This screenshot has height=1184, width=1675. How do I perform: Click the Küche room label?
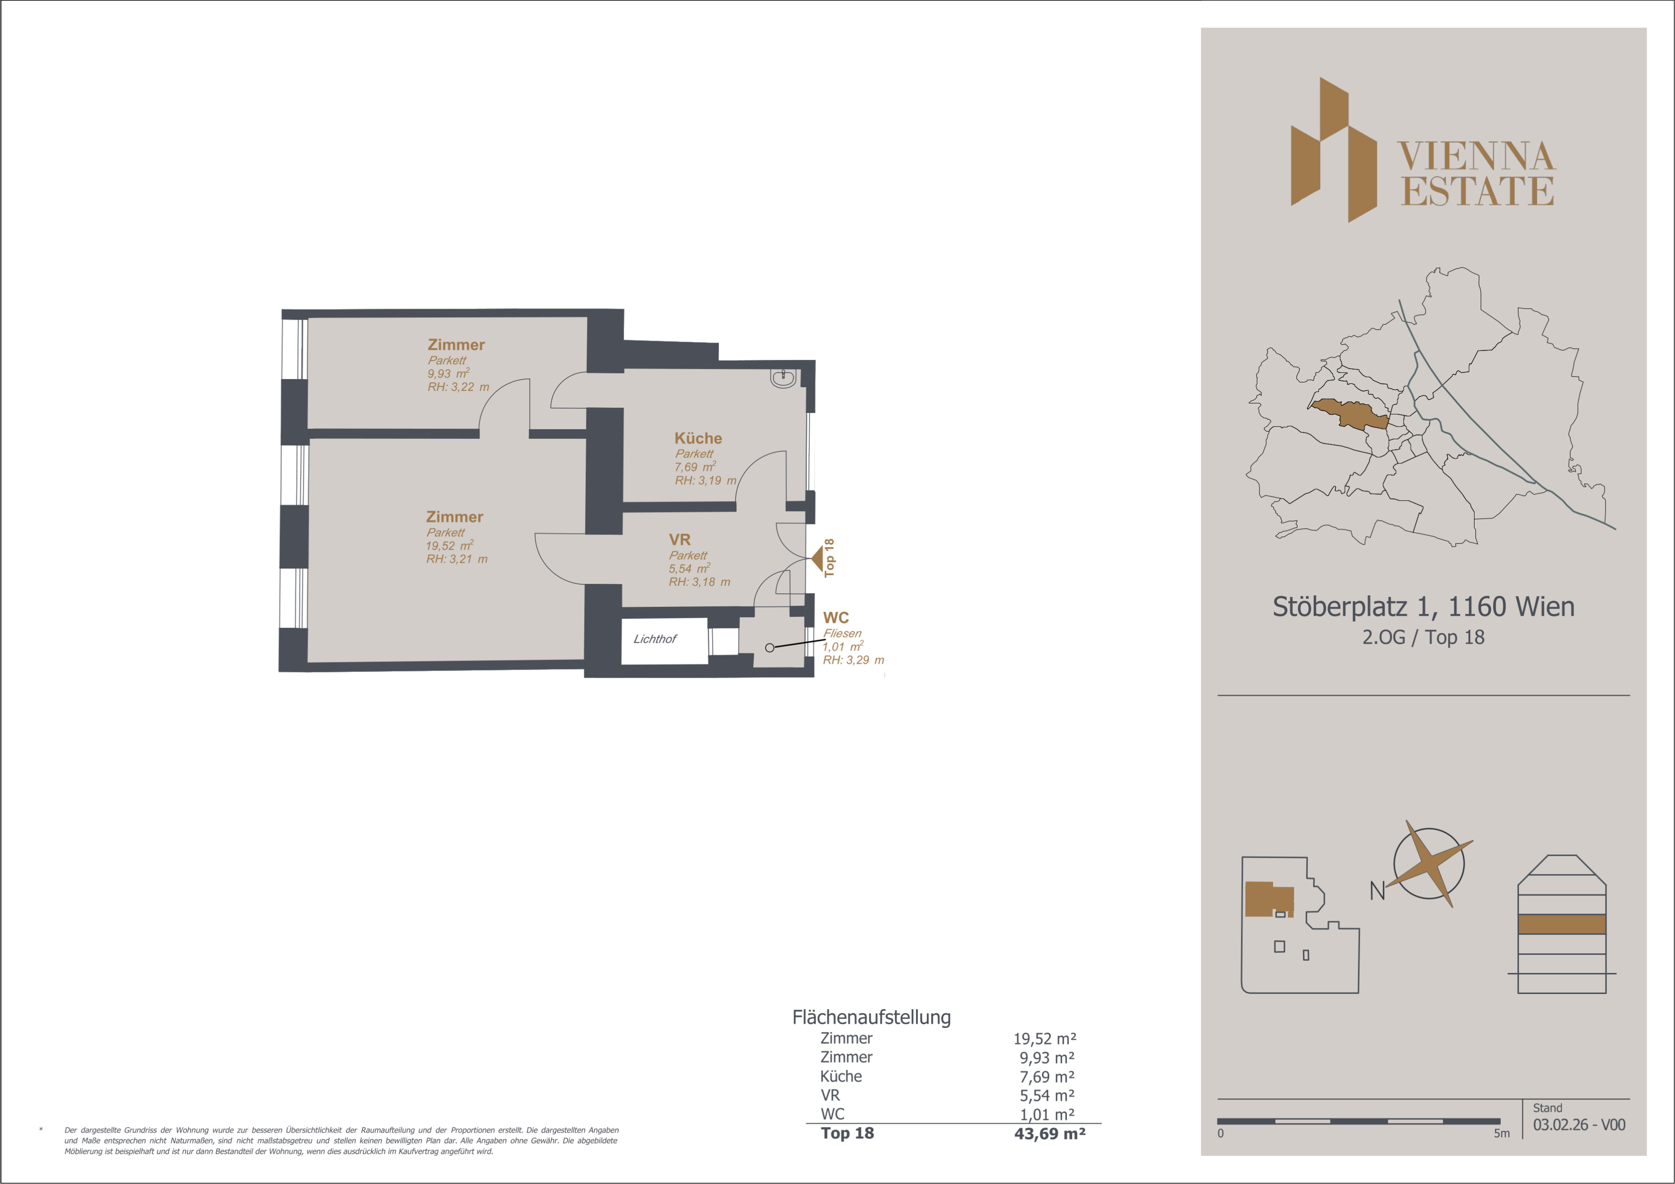coord(698,438)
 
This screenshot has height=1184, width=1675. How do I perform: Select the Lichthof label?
coord(654,639)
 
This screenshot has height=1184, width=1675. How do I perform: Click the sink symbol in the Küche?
coord(783,378)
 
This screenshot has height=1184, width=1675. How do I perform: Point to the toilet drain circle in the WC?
coord(770,648)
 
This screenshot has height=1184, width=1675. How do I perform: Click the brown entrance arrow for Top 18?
coord(817,559)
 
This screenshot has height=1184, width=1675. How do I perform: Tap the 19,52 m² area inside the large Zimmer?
coord(449,546)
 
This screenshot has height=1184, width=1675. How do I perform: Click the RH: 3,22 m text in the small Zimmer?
coord(458,387)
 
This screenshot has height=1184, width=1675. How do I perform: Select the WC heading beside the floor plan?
coord(836,618)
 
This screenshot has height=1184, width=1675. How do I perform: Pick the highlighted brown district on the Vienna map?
coord(1350,413)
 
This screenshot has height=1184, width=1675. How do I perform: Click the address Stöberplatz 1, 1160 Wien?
coord(1423,607)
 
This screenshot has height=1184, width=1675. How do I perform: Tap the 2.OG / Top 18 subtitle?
coord(1423,637)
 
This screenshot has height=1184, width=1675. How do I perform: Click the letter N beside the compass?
coord(1377,891)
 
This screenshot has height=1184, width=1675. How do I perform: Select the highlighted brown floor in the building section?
coord(1562,924)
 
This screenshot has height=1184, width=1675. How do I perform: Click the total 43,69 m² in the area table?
coord(1050,1134)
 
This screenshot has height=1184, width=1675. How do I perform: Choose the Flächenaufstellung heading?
coord(872,1017)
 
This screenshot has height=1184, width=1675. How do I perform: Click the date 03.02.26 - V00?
coord(1579,1125)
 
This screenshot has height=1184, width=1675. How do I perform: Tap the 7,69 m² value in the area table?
coord(1047,1077)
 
